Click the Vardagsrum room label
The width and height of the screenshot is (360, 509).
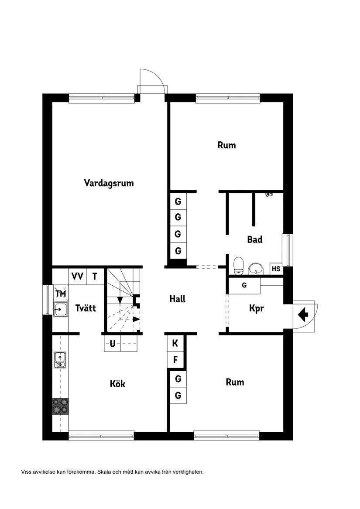tap(109, 183)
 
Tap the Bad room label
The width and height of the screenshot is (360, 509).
tap(254, 239)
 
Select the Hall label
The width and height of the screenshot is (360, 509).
tap(178, 299)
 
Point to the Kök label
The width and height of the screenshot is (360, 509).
tap(117, 384)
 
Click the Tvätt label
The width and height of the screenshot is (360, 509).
tap(85, 308)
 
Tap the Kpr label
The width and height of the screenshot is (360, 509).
tap(257, 308)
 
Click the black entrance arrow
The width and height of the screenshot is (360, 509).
tap(303, 313)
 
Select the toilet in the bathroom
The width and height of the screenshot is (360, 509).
tap(238, 266)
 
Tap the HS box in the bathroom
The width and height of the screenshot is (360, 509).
tap(276, 269)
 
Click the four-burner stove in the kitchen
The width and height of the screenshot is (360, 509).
tap(61, 406)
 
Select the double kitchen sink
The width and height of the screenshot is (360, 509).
tap(60, 360)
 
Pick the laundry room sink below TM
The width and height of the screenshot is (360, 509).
tap(60, 310)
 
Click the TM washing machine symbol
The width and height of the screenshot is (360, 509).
tap(61, 294)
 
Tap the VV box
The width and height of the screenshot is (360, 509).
tap(78, 276)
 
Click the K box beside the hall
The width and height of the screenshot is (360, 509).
tap(175, 343)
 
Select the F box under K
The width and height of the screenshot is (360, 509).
tap(175, 360)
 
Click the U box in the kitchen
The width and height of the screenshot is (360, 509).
tap(112, 344)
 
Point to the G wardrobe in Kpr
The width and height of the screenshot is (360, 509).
tap(244, 285)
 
